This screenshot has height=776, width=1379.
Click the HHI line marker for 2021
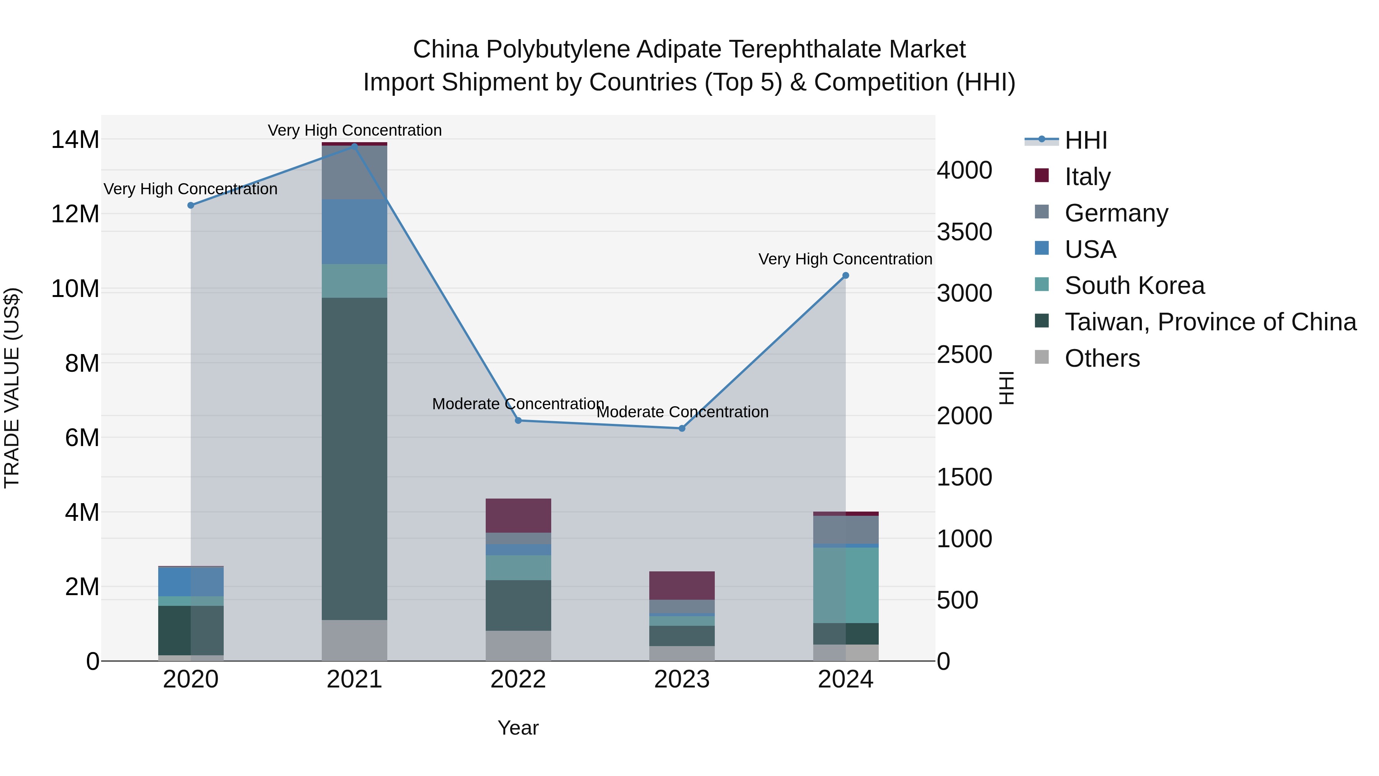point(354,146)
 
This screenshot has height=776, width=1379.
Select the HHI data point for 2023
point(681,428)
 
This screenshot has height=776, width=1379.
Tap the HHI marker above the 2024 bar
point(845,276)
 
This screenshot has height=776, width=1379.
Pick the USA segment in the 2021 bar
point(354,231)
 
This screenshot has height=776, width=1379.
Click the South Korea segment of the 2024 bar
point(846,585)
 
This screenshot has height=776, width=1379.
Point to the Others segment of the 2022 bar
point(518,645)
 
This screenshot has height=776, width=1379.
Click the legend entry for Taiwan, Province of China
point(1210,322)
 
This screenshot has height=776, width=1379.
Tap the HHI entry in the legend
point(1085,140)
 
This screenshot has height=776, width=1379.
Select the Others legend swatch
point(1042,357)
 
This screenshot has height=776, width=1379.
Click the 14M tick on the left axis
point(75,140)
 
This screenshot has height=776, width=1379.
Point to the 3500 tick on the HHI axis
point(964,232)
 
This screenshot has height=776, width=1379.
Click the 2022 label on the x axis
point(518,679)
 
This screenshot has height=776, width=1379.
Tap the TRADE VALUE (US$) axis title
point(12,388)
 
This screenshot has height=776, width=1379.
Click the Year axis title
point(518,728)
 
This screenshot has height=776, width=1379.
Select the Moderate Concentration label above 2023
point(682,412)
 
